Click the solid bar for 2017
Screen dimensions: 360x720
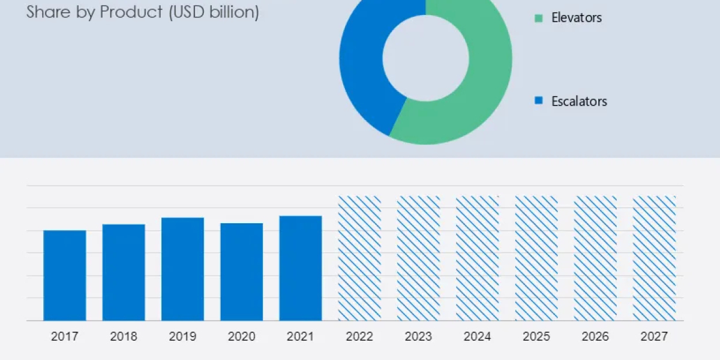point(65,275)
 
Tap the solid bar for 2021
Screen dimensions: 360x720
point(300,268)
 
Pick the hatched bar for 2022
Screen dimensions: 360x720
point(359,258)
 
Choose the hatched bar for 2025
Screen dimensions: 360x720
point(536,258)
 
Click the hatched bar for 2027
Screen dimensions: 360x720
point(654,258)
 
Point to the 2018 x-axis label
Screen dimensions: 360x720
point(124,337)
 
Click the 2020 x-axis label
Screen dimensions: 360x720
point(241,337)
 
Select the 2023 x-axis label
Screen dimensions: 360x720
point(418,337)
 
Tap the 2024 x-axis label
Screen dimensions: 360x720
point(477,337)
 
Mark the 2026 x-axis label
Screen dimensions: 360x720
point(595,337)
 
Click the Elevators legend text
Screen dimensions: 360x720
point(576,18)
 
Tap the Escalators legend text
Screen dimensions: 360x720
point(579,101)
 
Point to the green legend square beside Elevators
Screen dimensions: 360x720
point(538,19)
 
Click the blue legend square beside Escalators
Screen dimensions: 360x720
point(538,101)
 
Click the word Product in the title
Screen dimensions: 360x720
point(131,12)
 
